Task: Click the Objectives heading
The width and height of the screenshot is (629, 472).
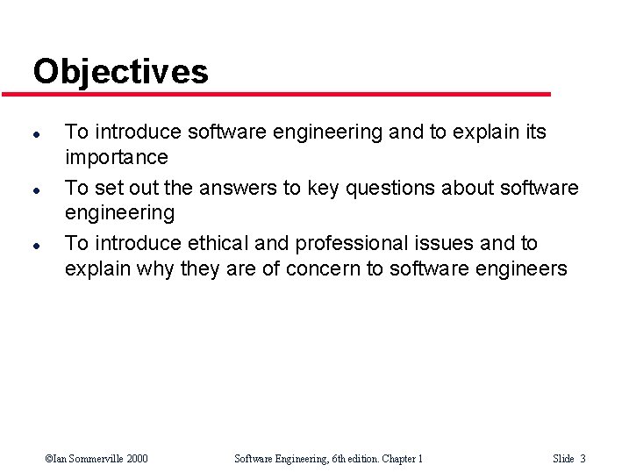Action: (x=120, y=71)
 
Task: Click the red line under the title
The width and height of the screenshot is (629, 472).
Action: (x=289, y=94)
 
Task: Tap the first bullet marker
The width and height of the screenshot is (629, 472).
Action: (x=35, y=134)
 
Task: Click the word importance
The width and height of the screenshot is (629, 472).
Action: (x=116, y=158)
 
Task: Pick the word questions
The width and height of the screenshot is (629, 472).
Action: (x=401, y=188)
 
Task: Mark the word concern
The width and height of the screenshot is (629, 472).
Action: (x=323, y=268)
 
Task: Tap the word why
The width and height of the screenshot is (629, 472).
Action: (x=158, y=268)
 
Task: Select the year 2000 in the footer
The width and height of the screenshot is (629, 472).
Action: (x=136, y=459)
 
